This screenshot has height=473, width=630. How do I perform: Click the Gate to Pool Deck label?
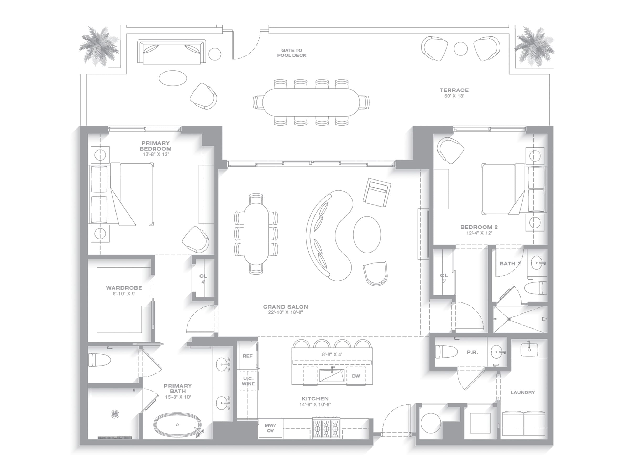pos(292,53)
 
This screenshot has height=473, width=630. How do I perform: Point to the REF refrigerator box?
pos(248,356)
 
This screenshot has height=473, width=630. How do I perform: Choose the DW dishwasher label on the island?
pos(356,376)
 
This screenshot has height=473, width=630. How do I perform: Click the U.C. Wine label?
pos(248,381)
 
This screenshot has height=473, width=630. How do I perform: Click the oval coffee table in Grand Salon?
pos(367,234)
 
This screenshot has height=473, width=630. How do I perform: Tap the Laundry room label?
pos(523,392)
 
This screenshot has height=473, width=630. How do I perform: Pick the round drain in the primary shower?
pos(115,414)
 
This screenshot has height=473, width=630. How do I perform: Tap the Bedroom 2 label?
pos(479,227)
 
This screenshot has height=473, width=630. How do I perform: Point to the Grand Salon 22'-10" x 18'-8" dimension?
pos(285,312)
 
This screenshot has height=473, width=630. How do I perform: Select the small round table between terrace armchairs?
pos(460,49)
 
